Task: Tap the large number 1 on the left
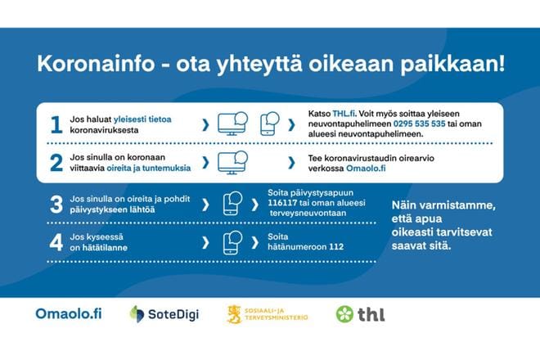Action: click(56, 125)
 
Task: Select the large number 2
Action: click(56, 163)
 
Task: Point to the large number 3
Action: click(56, 205)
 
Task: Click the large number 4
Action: click(56, 242)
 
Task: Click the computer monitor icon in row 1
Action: click(232, 124)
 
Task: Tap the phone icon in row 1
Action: click(271, 124)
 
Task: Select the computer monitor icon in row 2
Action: click(232, 162)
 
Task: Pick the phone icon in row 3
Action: click(232, 204)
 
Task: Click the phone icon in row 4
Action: click(232, 242)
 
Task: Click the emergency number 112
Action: click(335, 247)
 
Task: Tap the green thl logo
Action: click(360, 313)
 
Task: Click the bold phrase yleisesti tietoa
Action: click(143, 119)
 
